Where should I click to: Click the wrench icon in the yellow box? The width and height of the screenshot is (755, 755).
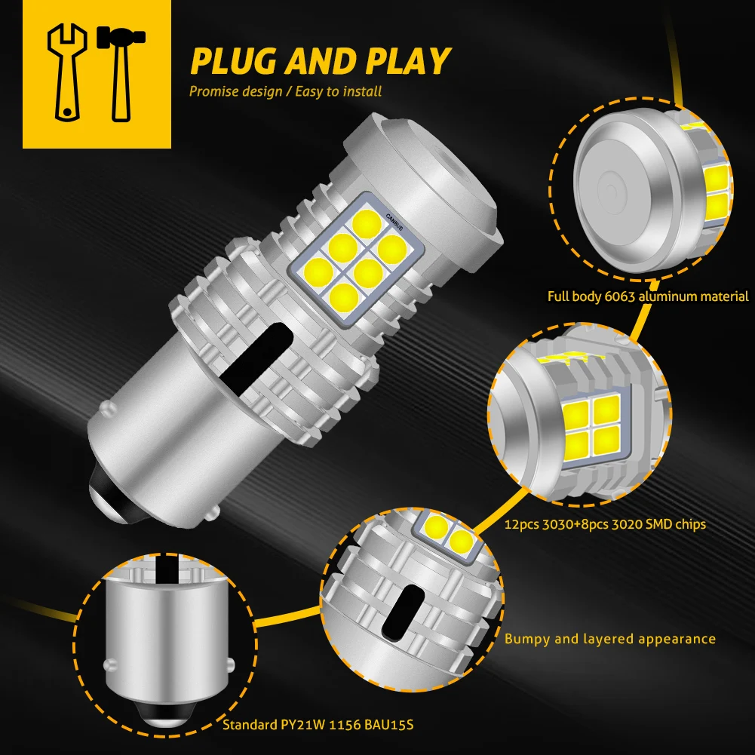(66, 72)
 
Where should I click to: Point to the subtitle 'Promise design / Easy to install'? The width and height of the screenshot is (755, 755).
(285, 91)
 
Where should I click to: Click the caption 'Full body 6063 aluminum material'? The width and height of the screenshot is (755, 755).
(648, 296)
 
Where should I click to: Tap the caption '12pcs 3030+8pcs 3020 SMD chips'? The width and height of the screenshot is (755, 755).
(606, 523)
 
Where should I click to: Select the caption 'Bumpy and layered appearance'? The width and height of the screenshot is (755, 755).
(609, 639)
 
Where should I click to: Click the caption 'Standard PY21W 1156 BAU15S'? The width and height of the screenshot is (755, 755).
(318, 726)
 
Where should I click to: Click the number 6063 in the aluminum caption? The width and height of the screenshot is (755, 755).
(621, 296)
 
